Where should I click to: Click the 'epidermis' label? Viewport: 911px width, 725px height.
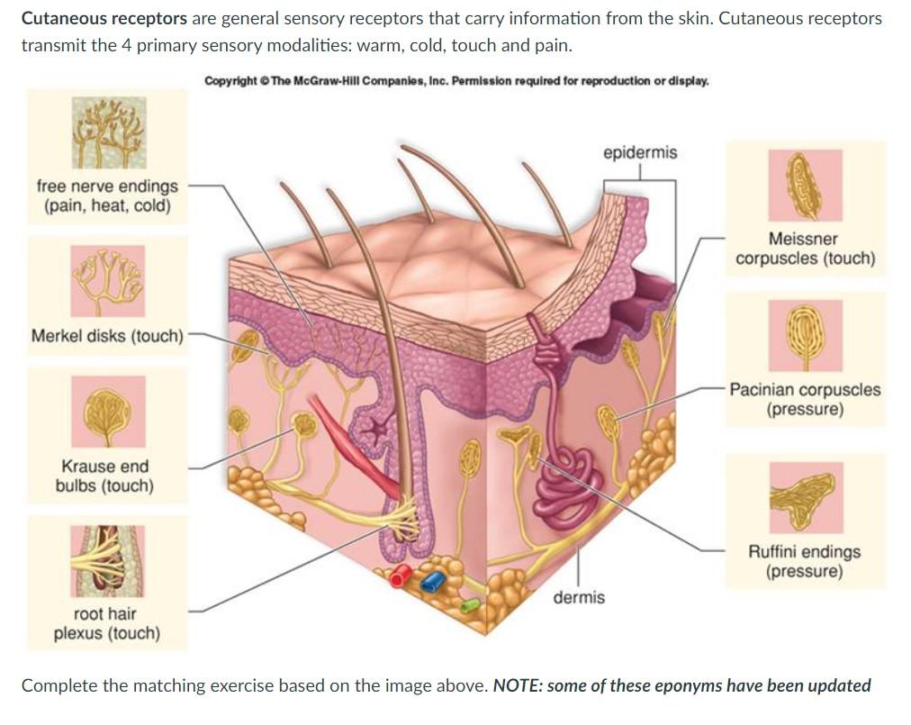640,152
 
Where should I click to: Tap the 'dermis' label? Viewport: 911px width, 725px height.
578,597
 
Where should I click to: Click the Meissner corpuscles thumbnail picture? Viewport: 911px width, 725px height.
804,186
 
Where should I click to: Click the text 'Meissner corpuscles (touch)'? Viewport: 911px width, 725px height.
805,249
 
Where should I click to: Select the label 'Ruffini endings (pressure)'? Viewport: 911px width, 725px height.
804,561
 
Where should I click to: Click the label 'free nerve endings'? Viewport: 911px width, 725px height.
107,186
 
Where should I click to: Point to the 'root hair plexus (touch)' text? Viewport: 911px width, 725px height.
106,623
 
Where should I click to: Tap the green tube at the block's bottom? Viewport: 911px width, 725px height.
470,604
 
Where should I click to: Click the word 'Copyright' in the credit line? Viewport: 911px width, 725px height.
231,81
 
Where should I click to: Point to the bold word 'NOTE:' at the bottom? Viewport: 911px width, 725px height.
519,685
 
